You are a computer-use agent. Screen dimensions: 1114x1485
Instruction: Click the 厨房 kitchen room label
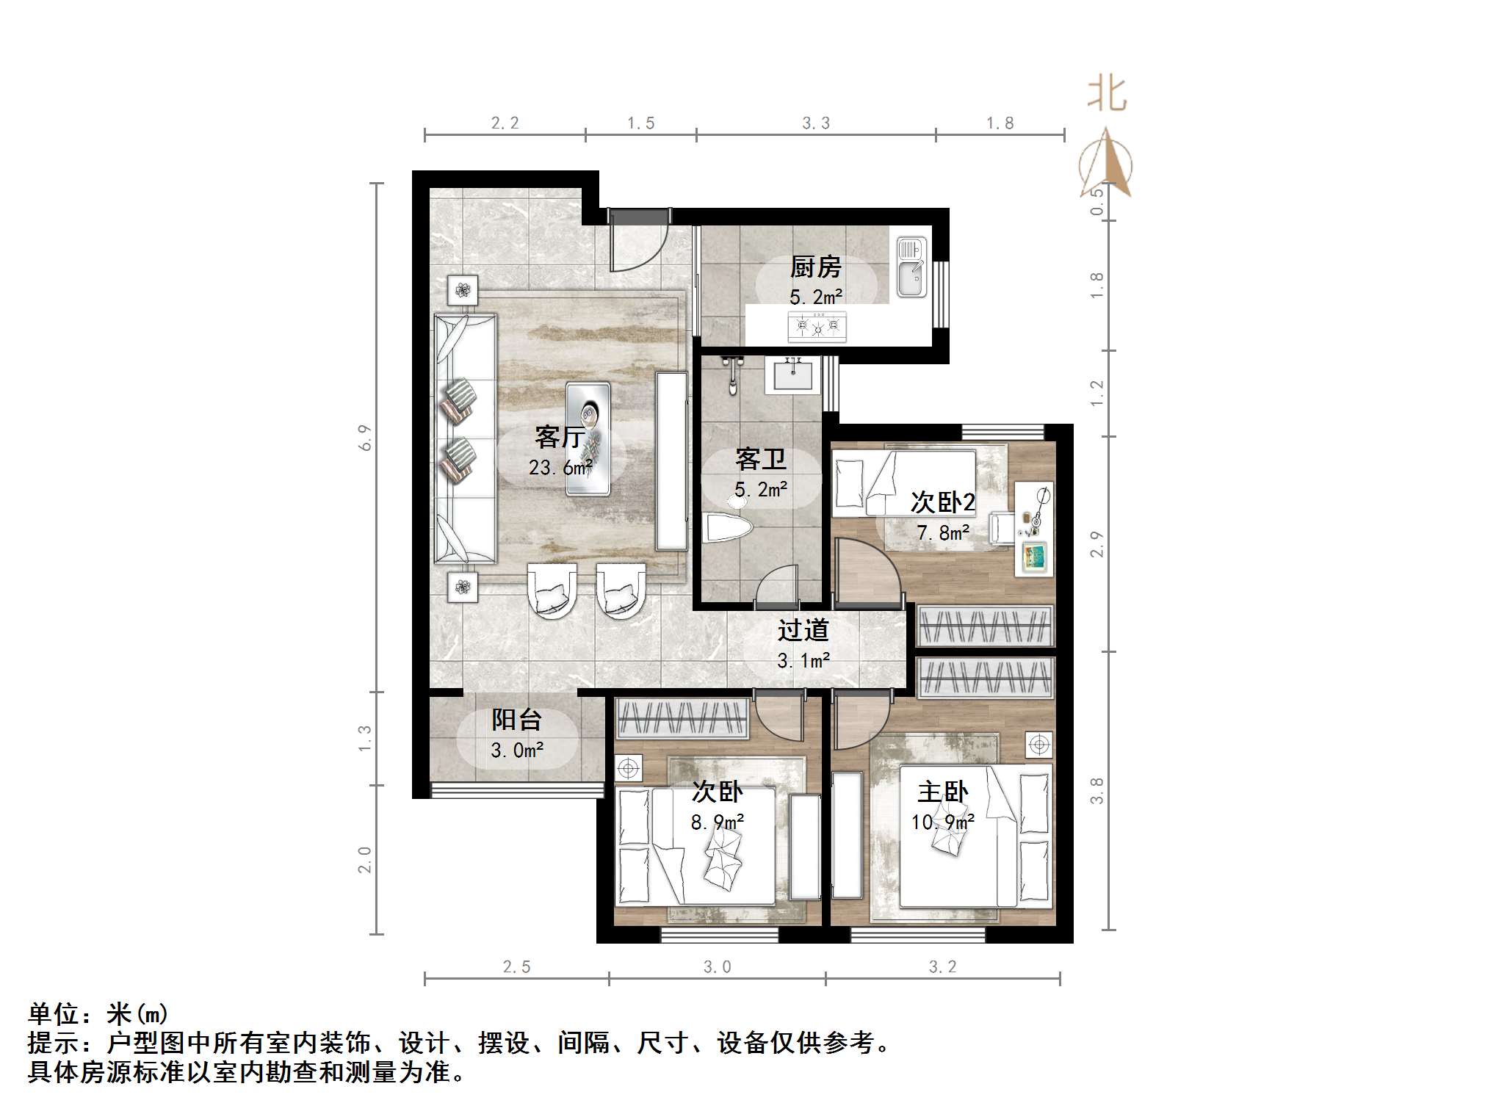pos(815,267)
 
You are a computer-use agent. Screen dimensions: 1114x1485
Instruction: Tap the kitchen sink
pos(911,268)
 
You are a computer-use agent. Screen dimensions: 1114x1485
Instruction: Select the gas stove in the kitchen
pos(817,325)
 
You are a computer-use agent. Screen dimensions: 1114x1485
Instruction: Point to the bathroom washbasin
pos(793,377)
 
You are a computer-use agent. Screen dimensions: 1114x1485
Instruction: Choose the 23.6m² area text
pos(560,467)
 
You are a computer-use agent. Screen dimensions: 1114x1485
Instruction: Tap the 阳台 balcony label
pos(517,720)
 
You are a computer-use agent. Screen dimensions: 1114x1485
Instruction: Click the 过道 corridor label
pos(803,630)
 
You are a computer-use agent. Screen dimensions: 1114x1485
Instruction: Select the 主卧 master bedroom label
pos(942,792)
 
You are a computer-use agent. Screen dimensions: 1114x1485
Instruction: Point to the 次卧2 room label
pos(942,502)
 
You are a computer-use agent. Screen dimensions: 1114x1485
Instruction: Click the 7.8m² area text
pos(942,532)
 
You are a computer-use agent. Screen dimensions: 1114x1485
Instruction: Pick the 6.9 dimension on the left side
pos(366,438)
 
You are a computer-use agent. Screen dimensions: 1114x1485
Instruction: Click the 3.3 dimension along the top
pos(815,123)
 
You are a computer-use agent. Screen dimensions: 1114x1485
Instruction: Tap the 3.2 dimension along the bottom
pos(942,967)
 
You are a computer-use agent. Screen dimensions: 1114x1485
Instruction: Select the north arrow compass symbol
pos(1106,164)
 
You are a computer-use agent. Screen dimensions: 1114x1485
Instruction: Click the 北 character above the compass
pos(1107,95)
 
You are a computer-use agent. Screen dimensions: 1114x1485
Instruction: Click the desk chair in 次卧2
pos(1002,527)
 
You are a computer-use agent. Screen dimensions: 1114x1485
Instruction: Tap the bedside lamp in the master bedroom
pos(1038,745)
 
